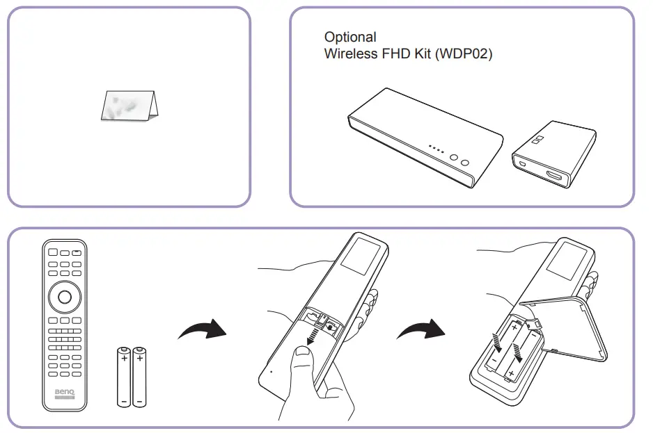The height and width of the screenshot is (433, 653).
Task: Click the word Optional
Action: tap(350, 37)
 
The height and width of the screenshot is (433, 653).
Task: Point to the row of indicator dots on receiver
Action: tap(436, 148)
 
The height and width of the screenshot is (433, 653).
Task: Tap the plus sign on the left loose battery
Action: tap(123, 359)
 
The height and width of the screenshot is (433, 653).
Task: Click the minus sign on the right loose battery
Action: tap(141, 400)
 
